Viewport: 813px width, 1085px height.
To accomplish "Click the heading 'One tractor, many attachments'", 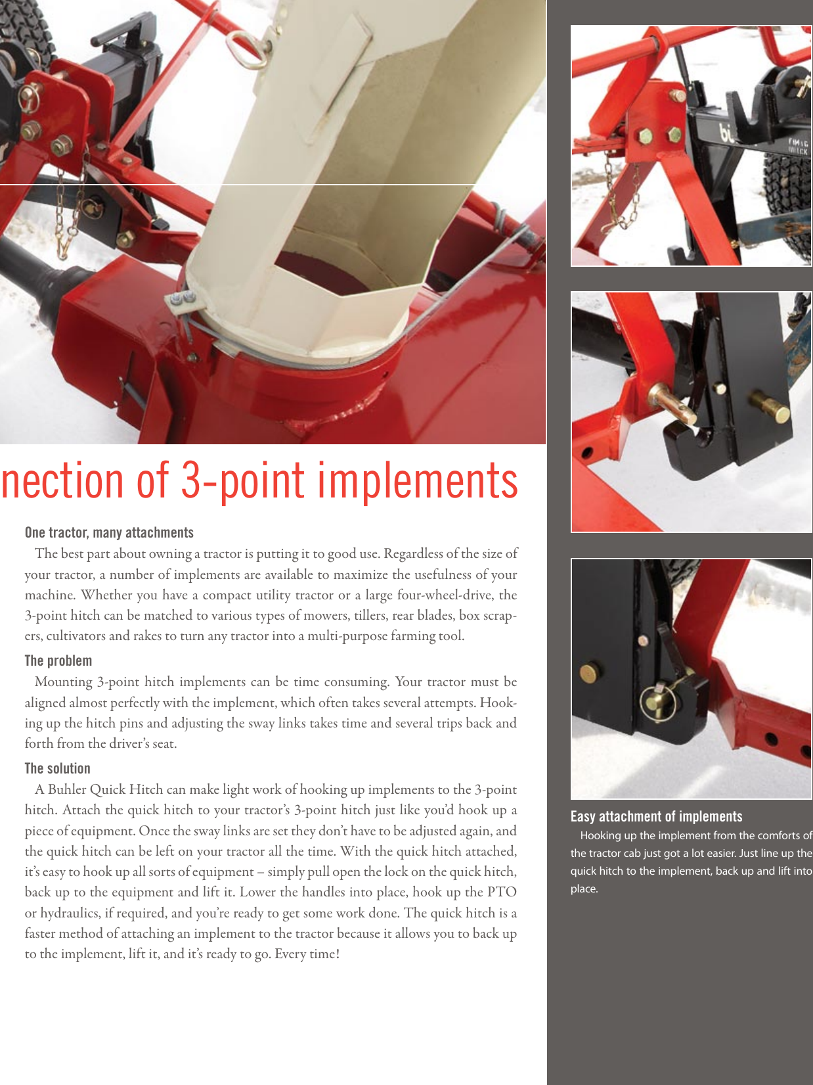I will [x=109, y=532].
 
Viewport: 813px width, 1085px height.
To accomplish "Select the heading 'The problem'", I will [x=58, y=660].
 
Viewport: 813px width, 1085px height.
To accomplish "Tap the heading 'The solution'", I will [x=58, y=768].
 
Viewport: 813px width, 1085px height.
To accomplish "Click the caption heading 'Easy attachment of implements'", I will [x=656, y=816].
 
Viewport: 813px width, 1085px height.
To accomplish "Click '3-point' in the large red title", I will [x=242, y=481].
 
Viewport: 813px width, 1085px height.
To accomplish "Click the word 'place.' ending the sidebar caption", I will [x=584, y=889].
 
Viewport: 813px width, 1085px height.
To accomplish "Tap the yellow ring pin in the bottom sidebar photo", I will [x=659, y=701].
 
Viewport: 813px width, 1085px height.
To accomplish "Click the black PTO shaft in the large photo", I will [x=26, y=263].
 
